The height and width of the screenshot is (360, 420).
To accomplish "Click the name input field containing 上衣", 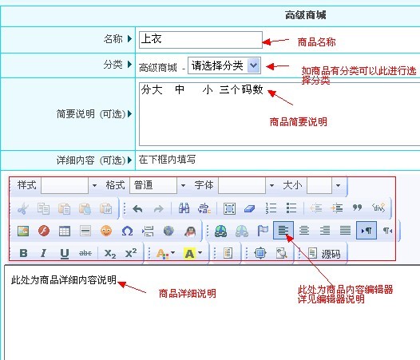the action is tap(200, 40).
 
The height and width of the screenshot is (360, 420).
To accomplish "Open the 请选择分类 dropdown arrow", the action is tap(254, 65).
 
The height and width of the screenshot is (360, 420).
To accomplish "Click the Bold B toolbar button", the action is tap(24, 253).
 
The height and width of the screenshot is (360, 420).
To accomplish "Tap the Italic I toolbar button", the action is tap(43, 253).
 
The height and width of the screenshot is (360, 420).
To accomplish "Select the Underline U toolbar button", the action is tap(65, 253).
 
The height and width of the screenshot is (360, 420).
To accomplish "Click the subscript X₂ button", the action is tap(110, 253).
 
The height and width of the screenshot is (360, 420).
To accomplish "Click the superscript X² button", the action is tap(131, 253).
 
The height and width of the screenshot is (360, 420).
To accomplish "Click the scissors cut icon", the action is tap(23, 208).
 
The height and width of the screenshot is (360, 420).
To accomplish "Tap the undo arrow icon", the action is tap(137, 208).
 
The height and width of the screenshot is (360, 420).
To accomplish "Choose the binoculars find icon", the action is tap(184, 208).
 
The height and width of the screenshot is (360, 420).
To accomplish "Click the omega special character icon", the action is tap(127, 231).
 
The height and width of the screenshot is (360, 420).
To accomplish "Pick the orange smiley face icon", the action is tap(106, 231).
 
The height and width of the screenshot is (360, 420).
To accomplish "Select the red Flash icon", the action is tap(44, 231).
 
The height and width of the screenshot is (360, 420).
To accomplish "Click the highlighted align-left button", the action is tap(283, 231).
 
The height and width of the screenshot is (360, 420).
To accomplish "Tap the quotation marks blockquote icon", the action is tap(357, 208).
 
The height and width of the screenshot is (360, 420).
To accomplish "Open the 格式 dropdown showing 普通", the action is tap(158, 185).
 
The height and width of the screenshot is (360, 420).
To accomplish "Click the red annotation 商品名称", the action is tap(316, 42).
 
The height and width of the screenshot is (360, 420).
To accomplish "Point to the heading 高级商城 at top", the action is tap(305, 15).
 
